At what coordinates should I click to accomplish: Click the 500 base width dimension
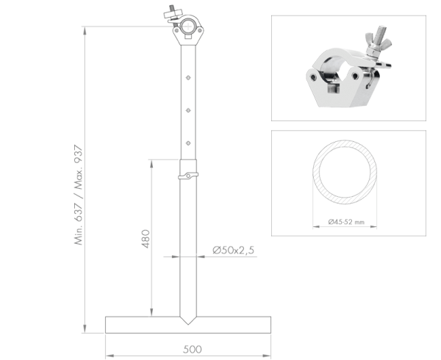click(x=193, y=349)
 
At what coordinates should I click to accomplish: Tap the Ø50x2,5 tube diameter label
click(x=234, y=251)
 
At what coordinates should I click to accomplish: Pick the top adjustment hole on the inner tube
click(x=189, y=76)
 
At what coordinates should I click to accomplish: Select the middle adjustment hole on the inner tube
click(x=189, y=110)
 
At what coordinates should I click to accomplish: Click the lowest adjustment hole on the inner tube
click(x=189, y=143)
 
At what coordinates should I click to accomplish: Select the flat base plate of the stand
click(x=188, y=324)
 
